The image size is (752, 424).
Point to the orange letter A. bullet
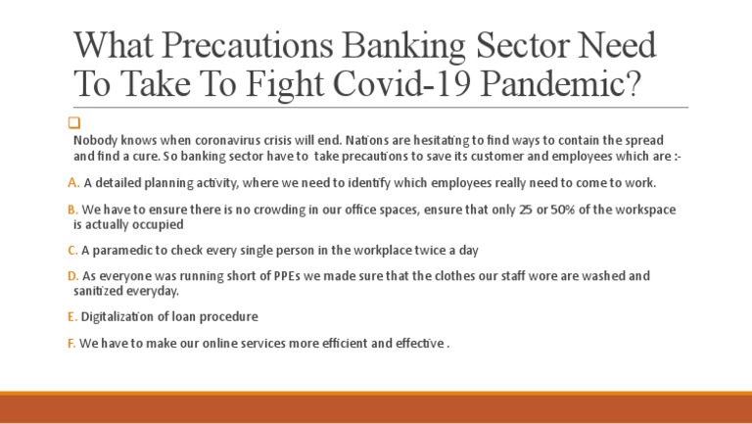click(73, 183)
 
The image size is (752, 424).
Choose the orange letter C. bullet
click(73, 250)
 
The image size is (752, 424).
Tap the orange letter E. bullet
click(72, 316)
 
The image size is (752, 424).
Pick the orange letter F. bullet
click(71, 343)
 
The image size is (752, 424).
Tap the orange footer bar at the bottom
click(376, 408)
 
